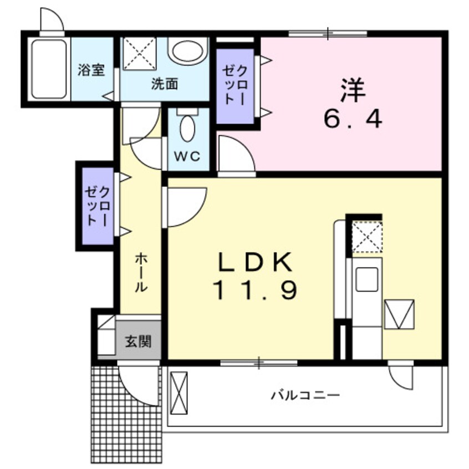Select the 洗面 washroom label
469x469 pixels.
point(165,85)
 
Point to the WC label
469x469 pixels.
point(188,156)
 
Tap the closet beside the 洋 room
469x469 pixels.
point(234,86)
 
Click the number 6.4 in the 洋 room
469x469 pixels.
point(353,119)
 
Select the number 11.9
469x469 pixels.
point(254,289)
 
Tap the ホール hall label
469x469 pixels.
point(141,272)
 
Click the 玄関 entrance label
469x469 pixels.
point(137,341)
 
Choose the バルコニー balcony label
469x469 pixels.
point(304,395)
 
